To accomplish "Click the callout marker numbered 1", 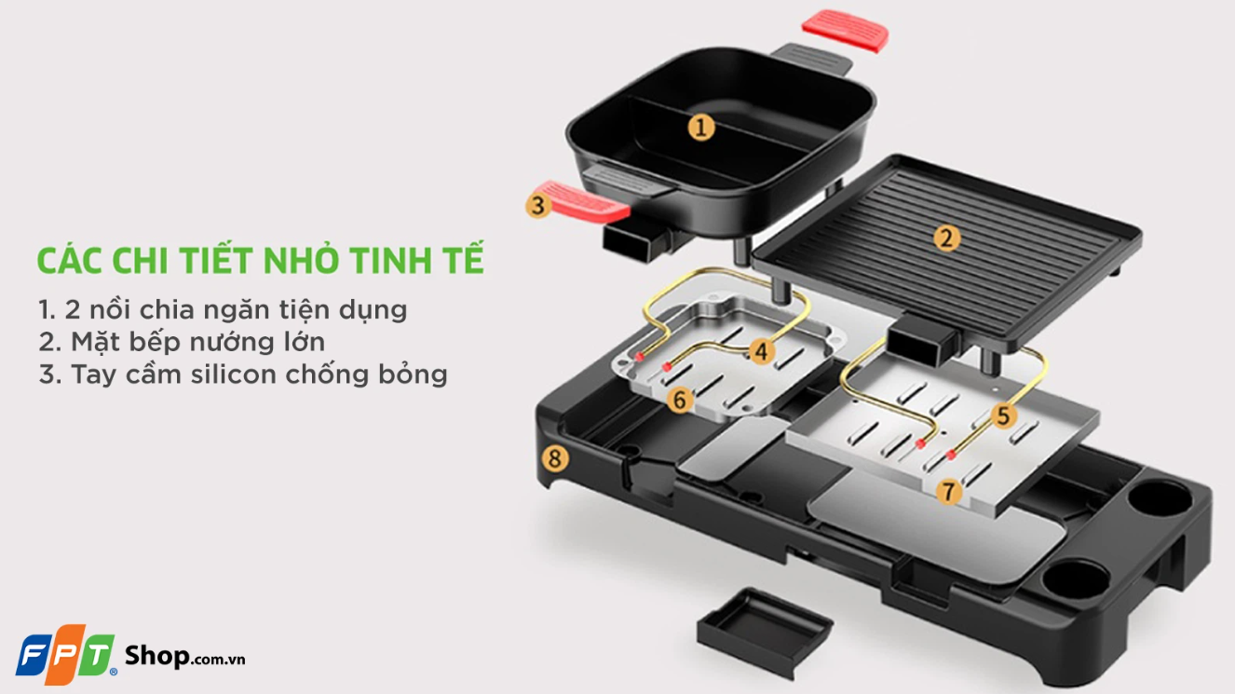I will [x=701, y=127].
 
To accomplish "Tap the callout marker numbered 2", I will [x=947, y=238].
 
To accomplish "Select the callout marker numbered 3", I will [x=537, y=204].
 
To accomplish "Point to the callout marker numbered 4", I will [x=762, y=351].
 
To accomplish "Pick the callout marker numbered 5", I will [x=1002, y=415].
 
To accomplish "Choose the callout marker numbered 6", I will [x=680, y=401].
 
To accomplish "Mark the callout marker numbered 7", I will [x=948, y=491].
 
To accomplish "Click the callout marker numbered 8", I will [x=555, y=457].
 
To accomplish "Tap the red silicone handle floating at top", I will [x=845, y=30].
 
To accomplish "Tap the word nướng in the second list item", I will [x=221, y=341].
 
